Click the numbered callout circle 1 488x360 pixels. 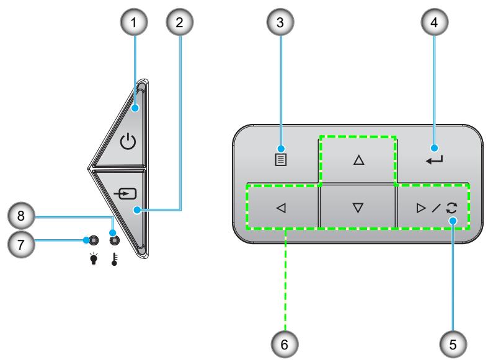pyautogui.click(x=134, y=22)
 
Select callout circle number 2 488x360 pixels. pyautogui.click(x=180, y=22)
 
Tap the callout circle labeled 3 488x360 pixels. pyautogui.click(x=280, y=22)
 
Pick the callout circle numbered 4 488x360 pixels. pyautogui.click(x=435, y=22)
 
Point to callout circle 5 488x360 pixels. pyautogui.click(x=453, y=344)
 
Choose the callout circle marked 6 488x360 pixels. pyautogui.click(x=285, y=344)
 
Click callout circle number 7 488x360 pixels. pyautogui.click(x=21, y=244)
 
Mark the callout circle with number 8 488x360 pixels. pyautogui.click(x=21, y=216)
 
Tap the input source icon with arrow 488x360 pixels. pyautogui.click(x=125, y=194)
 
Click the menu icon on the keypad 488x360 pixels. pyautogui.click(x=281, y=160)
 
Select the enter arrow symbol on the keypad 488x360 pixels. pyautogui.click(x=434, y=160)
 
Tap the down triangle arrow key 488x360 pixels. pyautogui.click(x=358, y=208)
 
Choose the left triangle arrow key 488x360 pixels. pyautogui.click(x=281, y=208)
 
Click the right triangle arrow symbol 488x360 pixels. pyautogui.click(x=421, y=208)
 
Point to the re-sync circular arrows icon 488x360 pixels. pyautogui.click(x=451, y=208)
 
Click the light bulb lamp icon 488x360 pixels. pyautogui.click(x=94, y=258)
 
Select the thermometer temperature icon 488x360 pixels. pyautogui.click(x=115, y=259)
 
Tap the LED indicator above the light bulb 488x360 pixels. pyautogui.click(x=94, y=240)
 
